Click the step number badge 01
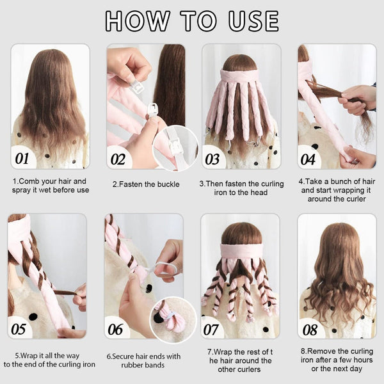[x=22, y=157]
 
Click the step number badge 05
[x=19, y=328]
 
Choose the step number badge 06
[x=116, y=328]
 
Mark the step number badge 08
[x=310, y=328]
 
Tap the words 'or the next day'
[x=337, y=368]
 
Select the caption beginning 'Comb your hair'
[x=51, y=185]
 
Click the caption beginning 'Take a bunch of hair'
[x=337, y=189]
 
